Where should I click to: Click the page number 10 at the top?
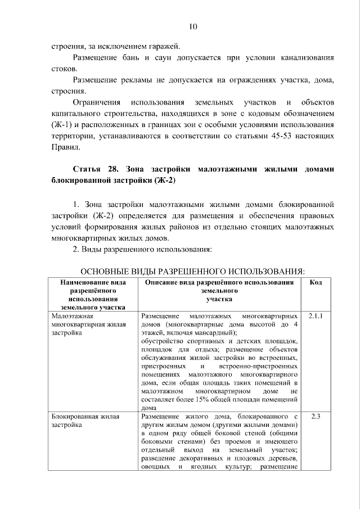(x=193, y=26)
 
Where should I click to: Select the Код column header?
(x=316, y=282)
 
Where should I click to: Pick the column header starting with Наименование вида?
(x=93, y=282)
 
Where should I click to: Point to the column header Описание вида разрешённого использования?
(x=219, y=282)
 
